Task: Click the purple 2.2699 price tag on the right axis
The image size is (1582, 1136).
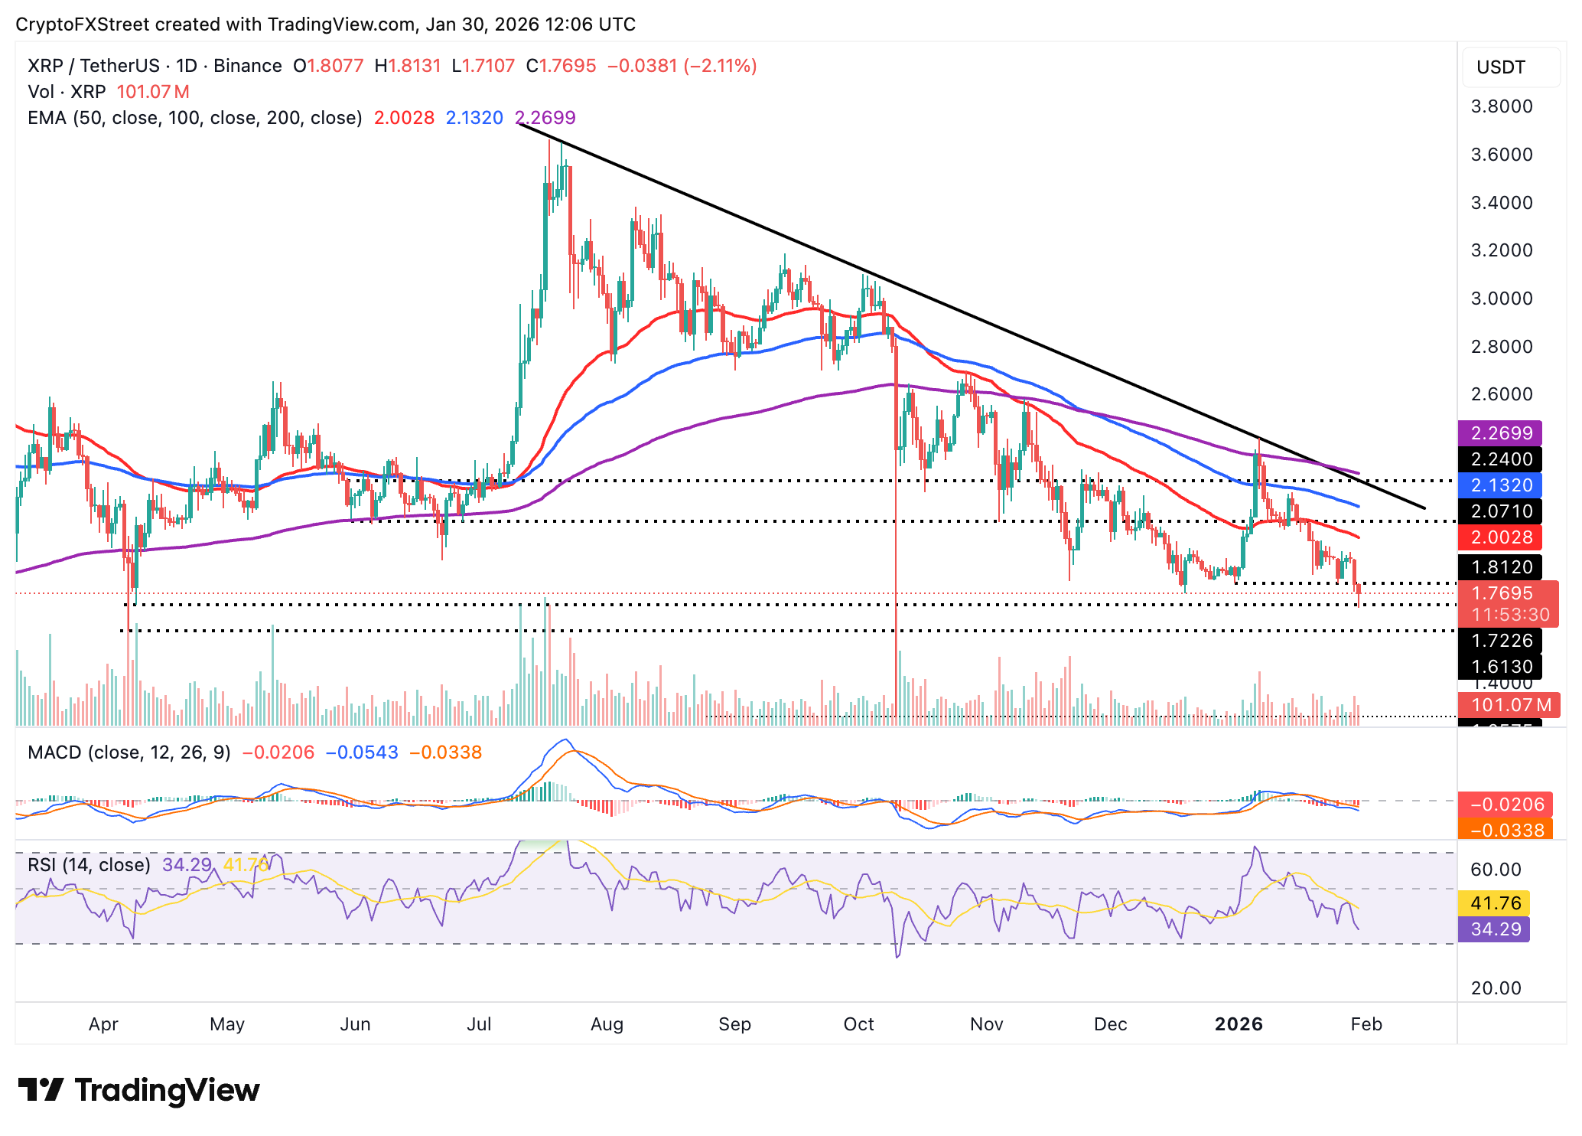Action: tap(1500, 433)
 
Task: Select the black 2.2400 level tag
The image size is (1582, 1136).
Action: tap(1500, 459)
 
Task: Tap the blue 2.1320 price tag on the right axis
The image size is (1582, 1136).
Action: tap(1500, 485)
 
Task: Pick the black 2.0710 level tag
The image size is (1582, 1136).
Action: tap(1500, 511)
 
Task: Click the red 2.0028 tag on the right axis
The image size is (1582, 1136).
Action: tap(1500, 537)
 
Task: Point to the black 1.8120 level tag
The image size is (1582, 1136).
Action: tap(1500, 567)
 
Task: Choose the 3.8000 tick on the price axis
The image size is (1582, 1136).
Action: tap(1502, 106)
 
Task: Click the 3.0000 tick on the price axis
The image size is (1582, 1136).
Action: tap(1502, 299)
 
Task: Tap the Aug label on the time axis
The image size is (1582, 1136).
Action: tap(607, 1024)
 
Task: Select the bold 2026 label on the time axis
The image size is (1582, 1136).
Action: tap(1239, 1024)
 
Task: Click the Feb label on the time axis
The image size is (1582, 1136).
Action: tap(1366, 1024)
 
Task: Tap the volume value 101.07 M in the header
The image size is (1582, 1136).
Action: tap(153, 92)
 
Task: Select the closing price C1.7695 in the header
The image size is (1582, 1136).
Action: tap(561, 66)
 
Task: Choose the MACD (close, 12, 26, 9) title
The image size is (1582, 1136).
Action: tap(129, 752)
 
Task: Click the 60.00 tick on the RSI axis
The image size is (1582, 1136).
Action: tap(1496, 870)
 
